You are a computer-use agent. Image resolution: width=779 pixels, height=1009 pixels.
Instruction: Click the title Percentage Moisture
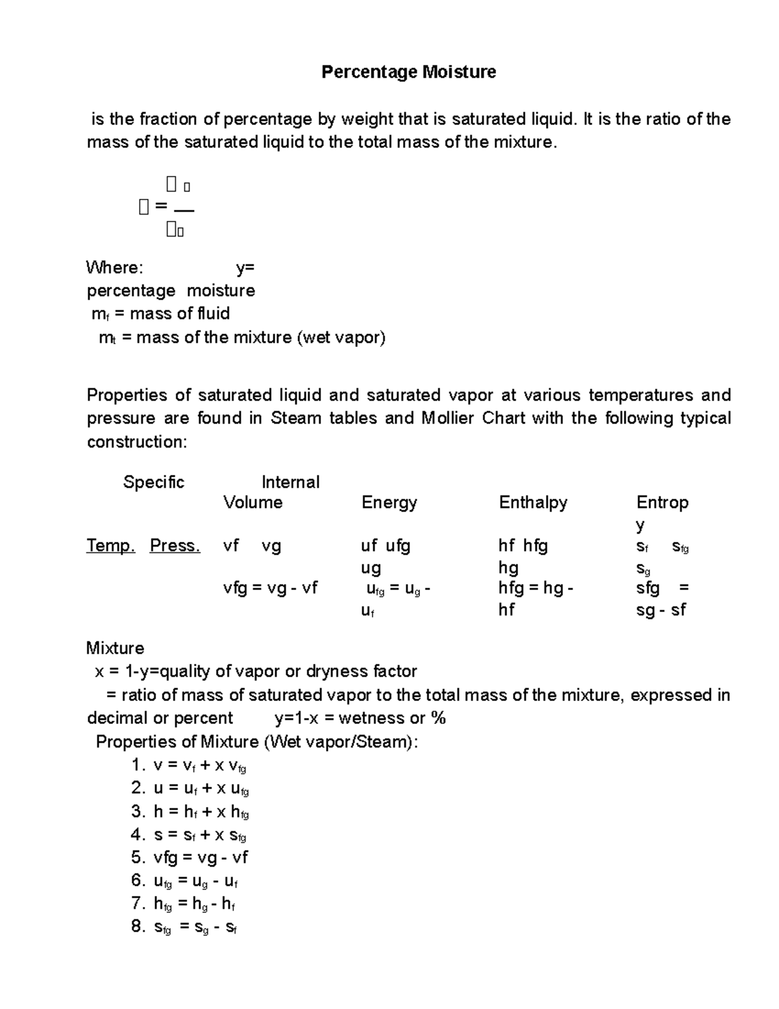[x=408, y=71]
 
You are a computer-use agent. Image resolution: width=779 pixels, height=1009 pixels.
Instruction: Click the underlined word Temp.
[x=110, y=546]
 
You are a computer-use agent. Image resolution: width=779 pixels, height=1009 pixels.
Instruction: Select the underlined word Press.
[x=175, y=546]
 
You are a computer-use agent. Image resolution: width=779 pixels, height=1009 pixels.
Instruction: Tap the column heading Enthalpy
[x=533, y=502]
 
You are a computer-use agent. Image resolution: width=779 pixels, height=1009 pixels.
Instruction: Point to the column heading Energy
[x=389, y=502]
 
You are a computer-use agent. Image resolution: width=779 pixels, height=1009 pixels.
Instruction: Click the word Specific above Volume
[x=154, y=482]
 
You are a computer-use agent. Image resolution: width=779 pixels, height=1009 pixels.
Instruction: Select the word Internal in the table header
[x=290, y=482]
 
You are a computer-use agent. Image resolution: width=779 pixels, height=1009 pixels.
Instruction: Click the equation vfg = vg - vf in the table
[x=270, y=588]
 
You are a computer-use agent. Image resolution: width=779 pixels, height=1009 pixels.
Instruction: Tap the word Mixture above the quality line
[x=115, y=648]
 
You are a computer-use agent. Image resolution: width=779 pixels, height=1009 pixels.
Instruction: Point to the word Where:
[x=114, y=268]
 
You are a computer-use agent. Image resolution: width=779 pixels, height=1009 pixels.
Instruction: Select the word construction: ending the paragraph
[x=137, y=442]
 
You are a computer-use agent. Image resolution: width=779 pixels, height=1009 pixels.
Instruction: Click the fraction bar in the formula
[x=184, y=209]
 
